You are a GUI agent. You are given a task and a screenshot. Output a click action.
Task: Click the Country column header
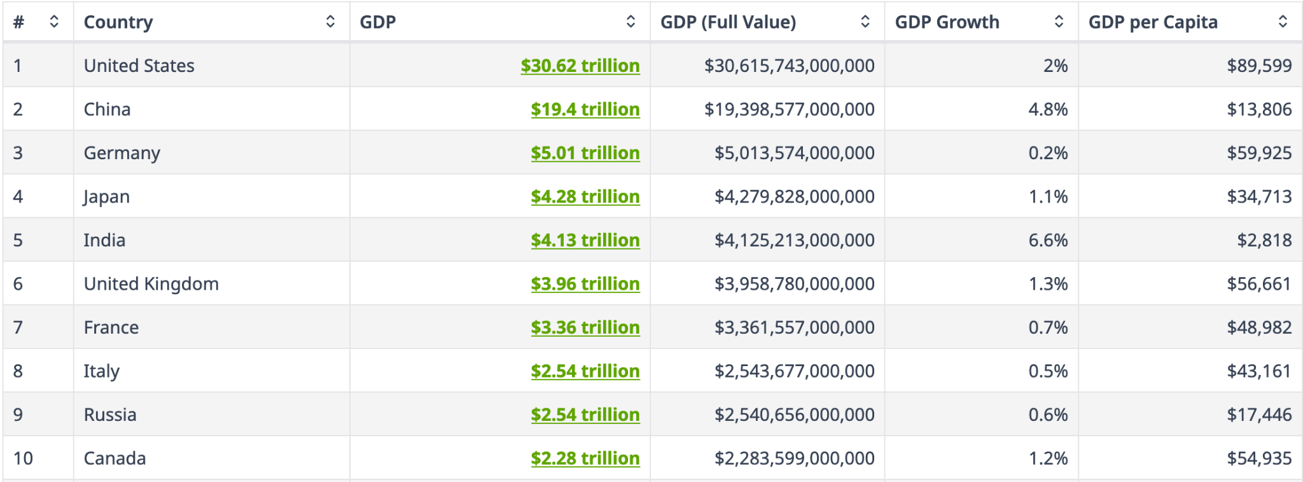point(118,22)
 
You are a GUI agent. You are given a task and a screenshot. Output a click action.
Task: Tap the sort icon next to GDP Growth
point(1059,22)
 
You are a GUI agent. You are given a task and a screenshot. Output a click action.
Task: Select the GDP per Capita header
point(1153,22)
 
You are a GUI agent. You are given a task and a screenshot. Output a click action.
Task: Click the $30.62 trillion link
point(580,66)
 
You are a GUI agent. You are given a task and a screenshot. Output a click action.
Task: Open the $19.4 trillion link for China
point(585,110)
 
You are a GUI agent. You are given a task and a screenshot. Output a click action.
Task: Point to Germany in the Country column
point(122,153)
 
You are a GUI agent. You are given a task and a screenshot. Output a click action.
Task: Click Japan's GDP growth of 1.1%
point(1048,197)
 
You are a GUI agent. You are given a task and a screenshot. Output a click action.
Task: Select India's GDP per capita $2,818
point(1264,240)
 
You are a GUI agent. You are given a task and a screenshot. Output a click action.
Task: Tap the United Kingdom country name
point(151,284)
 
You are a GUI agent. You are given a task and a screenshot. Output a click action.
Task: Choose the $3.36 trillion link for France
point(585,327)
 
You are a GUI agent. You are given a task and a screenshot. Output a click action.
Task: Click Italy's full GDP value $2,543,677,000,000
point(794,371)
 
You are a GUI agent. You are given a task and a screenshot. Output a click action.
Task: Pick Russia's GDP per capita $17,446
point(1259,415)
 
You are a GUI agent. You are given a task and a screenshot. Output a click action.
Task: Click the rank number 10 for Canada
point(23,458)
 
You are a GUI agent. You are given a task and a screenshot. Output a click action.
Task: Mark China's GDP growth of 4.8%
point(1048,110)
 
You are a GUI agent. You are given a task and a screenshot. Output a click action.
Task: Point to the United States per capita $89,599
point(1259,66)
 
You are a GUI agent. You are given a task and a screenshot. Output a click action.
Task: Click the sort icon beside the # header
point(54,22)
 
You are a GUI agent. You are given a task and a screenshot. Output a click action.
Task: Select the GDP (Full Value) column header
point(728,22)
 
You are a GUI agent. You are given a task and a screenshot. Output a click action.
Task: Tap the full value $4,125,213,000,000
point(794,240)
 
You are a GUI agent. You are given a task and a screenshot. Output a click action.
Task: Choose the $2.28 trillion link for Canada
point(585,458)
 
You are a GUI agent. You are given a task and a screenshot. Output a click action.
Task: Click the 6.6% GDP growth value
point(1048,240)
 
